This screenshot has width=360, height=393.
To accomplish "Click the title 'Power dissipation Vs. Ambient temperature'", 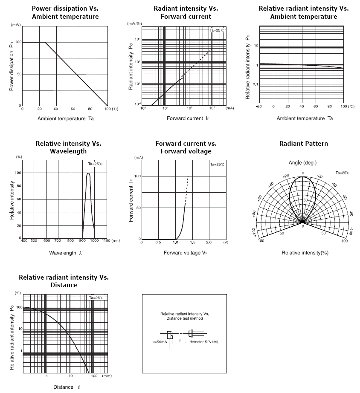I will (x=65, y=12).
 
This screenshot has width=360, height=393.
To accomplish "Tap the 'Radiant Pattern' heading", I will (x=303, y=144).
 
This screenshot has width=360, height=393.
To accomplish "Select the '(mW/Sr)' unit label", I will (x=135, y=24).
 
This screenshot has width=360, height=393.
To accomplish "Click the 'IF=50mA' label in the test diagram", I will (x=160, y=342).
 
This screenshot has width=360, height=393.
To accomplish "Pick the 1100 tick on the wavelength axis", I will (x=106, y=241).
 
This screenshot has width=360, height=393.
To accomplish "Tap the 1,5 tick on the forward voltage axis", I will (x=192, y=242).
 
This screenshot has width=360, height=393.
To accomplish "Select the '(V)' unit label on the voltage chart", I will (x=225, y=242).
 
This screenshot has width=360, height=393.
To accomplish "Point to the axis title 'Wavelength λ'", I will (x=65, y=253).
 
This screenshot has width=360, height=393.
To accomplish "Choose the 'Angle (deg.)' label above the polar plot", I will (x=302, y=163).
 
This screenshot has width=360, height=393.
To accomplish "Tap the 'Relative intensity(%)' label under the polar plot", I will (x=305, y=253).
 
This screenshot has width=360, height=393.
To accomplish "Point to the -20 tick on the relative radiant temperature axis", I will (x=258, y=106).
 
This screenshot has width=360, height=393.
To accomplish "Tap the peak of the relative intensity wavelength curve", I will (x=88, y=173).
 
